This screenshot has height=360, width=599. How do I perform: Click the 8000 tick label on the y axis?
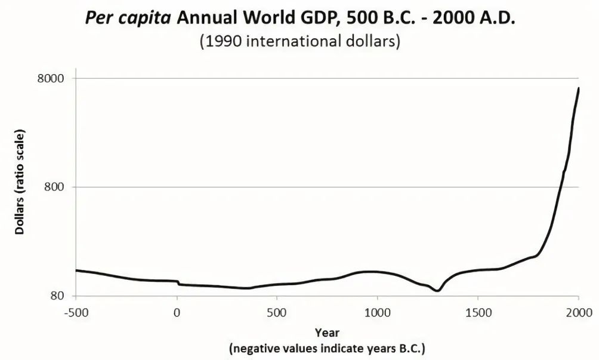53,79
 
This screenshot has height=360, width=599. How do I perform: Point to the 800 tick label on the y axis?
55,187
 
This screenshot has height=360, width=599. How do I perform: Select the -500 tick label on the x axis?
76,312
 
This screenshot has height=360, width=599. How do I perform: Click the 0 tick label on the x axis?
177,312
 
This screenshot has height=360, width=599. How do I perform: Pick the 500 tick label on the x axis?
277,312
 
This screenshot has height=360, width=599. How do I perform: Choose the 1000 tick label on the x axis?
377,312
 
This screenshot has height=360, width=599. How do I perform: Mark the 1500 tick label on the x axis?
477,312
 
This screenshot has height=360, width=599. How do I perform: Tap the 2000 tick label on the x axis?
578,312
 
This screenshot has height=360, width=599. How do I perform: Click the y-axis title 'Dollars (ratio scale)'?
20,180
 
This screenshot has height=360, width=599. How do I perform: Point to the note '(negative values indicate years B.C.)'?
327,348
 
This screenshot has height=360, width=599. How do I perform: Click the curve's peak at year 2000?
579,88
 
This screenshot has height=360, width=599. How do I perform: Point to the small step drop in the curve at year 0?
178,283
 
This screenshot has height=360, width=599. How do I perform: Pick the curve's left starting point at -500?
76,270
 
